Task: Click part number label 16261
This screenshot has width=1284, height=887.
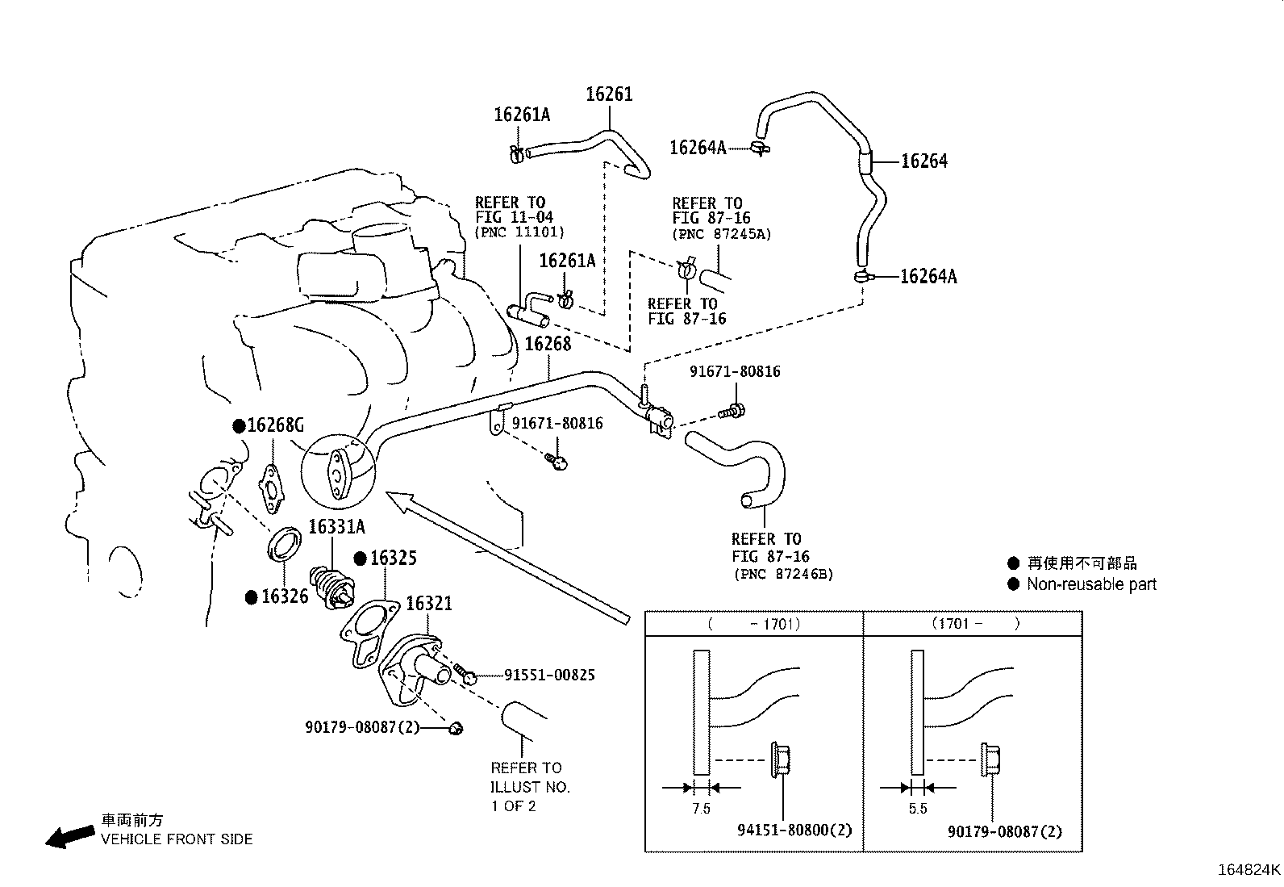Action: tap(609, 94)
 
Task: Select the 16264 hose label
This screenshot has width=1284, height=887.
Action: tap(923, 161)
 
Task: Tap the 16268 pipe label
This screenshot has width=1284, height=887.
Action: tap(548, 344)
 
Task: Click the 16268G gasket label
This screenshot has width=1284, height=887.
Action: tap(275, 425)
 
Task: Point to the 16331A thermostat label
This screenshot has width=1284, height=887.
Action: tap(336, 527)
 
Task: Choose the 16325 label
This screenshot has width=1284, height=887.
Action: tap(394, 559)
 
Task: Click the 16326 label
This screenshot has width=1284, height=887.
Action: tap(285, 597)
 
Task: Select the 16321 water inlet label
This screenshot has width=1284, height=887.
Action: tap(428, 604)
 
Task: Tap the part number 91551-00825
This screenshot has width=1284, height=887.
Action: tap(549, 675)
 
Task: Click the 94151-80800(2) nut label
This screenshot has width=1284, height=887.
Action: tap(794, 830)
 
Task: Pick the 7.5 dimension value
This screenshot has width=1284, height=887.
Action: tap(701, 809)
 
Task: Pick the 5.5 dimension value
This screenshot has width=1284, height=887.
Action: tap(917, 809)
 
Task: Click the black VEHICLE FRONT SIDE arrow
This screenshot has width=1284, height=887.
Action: tap(69, 837)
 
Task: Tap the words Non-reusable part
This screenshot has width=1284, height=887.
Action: tap(1091, 584)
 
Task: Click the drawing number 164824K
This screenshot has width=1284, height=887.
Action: tap(1249, 870)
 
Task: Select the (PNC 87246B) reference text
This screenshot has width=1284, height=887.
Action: tap(782, 575)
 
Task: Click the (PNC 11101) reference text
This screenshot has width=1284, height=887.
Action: tap(519, 232)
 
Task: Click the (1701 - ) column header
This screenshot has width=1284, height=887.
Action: tap(975, 623)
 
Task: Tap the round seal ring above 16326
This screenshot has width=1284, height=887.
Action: tap(284, 543)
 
